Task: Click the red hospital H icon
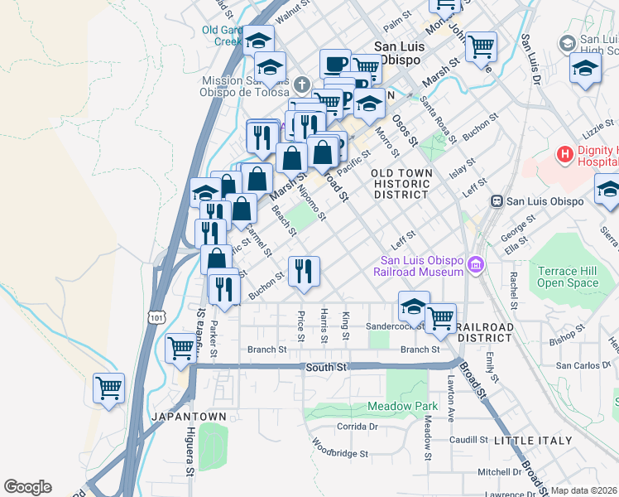pyautogui.click(x=566, y=153)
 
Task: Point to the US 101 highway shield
pyautogui.click(x=158, y=316)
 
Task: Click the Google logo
pyautogui.click(x=27, y=487)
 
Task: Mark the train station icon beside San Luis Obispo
pyautogui.click(x=497, y=200)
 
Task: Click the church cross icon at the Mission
pyautogui.click(x=301, y=84)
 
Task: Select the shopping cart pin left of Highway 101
pyautogui.click(x=108, y=387)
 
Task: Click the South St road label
pyautogui.click(x=324, y=367)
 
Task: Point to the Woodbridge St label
pyautogui.click(x=340, y=452)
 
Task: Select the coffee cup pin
pyautogui.click(x=335, y=63)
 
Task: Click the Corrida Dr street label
pyautogui.click(x=357, y=427)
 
